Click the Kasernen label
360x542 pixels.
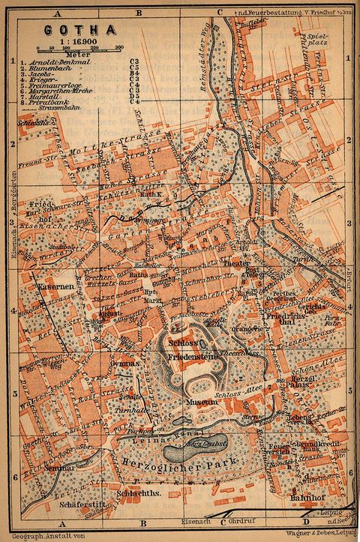pyautogui.click(x=52, y=287)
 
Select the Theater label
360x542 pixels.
pyautogui.click(x=235, y=265)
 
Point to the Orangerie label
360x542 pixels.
pyautogui.click(x=247, y=329)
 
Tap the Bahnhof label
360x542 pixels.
pyautogui.click(x=301, y=497)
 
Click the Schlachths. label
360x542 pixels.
pyautogui.click(x=136, y=493)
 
